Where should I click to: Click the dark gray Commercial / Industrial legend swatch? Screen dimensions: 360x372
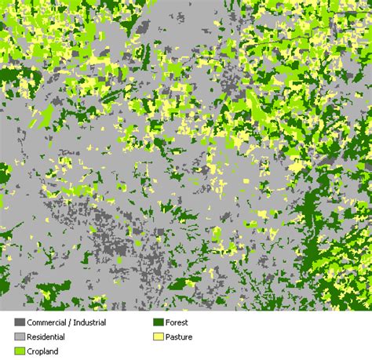pyautogui.click(x=20, y=322)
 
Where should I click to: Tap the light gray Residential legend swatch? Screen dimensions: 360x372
pyautogui.click(x=20, y=337)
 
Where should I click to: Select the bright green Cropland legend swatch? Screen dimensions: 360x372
pyautogui.click(x=20, y=352)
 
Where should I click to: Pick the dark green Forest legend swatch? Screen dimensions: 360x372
pyautogui.click(x=158, y=322)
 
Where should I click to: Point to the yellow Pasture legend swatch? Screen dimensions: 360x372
pyautogui.click(x=158, y=337)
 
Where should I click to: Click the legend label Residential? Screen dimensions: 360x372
pyautogui.click(x=46, y=337)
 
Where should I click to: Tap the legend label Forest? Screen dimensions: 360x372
pyautogui.click(x=177, y=322)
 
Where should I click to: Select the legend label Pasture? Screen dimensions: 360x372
pyautogui.click(x=179, y=337)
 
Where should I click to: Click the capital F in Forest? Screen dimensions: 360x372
pyautogui.click(x=167, y=322)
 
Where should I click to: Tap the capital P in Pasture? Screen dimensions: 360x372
pyautogui.click(x=167, y=337)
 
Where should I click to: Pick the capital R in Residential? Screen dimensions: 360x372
pyautogui.click(x=30, y=337)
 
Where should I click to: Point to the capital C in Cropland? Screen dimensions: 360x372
pyautogui.click(x=30, y=352)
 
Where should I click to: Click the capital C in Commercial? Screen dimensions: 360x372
pyautogui.click(x=30, y=322)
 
